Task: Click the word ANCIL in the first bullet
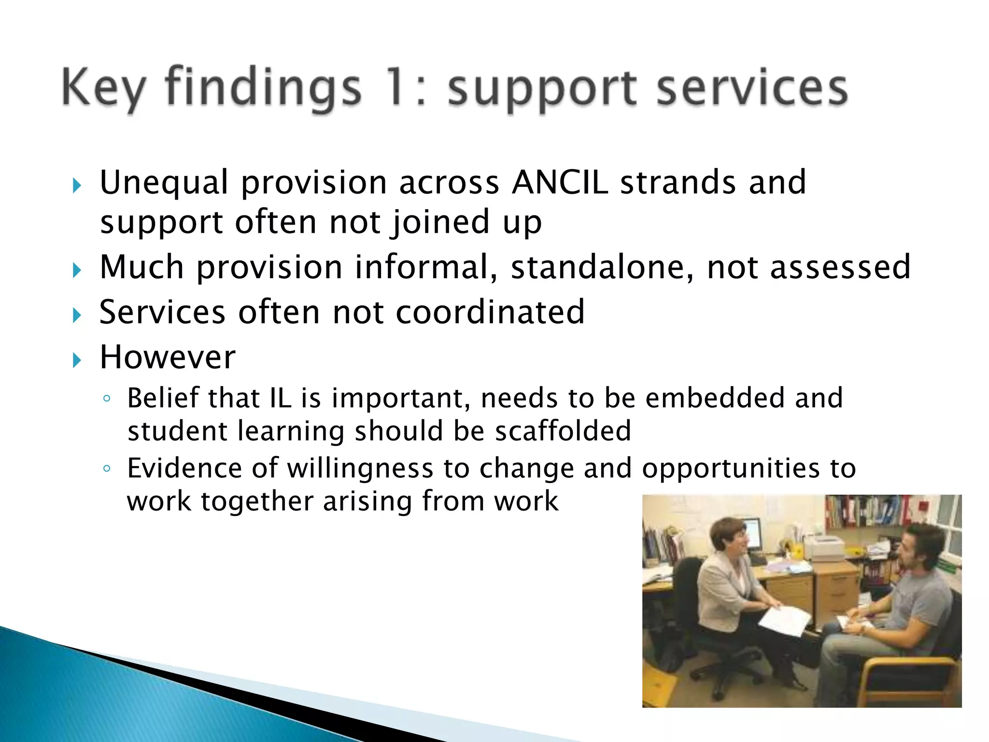[x=560, y=183]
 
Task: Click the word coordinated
[x=490, y=312]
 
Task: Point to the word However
[x=168, y=357]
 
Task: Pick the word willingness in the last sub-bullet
[x=360, y=468]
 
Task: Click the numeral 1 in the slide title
[x=397, y=87]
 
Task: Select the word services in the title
[x=752, y=88]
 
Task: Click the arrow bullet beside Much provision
[x=77, y=270]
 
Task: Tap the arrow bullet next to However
[x=77, y=360]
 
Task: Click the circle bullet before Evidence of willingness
[x=107, y=469]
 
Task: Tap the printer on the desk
[x=824, y=548]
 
